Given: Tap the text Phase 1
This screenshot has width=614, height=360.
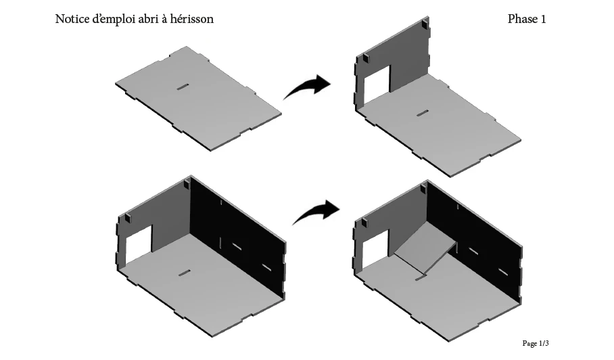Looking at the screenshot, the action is pos(527,19).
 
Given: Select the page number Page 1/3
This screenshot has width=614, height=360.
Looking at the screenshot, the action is pos(536,344).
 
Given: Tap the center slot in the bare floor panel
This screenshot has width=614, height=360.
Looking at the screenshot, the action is pos(183,87).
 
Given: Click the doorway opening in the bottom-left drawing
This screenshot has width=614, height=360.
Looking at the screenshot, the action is pos(139,245).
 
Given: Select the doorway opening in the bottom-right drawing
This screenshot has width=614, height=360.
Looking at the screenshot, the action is pos(375,250).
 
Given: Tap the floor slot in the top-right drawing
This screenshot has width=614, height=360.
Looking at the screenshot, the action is pos(422,114).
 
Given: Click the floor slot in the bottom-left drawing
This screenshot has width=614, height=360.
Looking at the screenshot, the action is pos(185,273).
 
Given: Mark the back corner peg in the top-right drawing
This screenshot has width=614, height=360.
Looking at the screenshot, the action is pos(425,24).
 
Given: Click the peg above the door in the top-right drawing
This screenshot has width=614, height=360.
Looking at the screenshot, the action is pos(366,58).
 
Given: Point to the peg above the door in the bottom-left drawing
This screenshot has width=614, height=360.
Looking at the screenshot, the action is pos(128,218).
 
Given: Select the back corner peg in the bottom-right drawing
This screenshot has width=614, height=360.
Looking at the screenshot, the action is pos(424,188).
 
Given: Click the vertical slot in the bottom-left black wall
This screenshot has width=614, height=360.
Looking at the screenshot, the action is pos(221,243).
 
